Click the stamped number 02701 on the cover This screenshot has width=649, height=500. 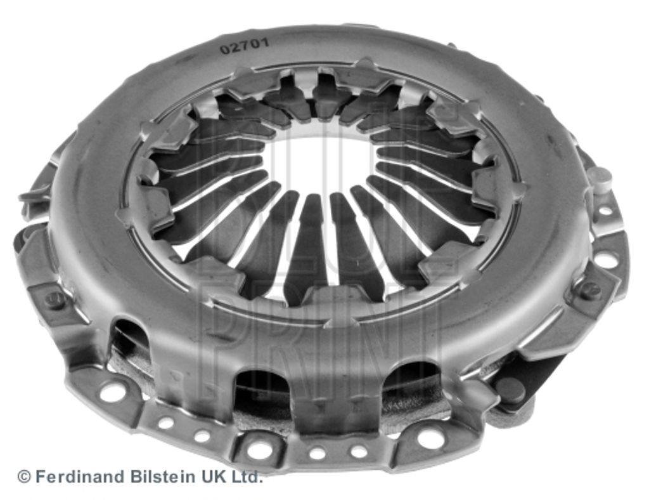[244, 45]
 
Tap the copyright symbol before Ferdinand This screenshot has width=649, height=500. [24, 477]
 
